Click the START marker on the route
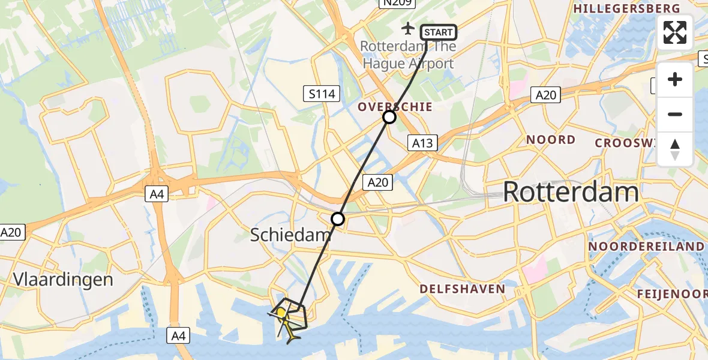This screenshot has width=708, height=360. click(x=439, y=32)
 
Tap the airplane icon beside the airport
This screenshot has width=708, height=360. click(x=408, y=28)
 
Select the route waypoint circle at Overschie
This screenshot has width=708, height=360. click(x=389, y=117)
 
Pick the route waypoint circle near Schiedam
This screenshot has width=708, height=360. click(x=338, y=219)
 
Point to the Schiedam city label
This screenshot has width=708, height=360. click(x=290, y=235)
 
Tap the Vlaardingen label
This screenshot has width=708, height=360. click(x=63, y=279)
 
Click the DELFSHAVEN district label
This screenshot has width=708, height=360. click(x=462, y=289)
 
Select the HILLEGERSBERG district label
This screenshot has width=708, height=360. click(x=626, y=8)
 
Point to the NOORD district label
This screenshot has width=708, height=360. click(x=550, y=140)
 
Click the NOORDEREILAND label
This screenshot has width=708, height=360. click(x=646, y=247)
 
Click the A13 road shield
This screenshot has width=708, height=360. click(x=422, y=143)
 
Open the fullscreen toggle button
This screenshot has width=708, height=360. click(x=675, y=32)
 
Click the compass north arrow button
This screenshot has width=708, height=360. click(x=675, y=149)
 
